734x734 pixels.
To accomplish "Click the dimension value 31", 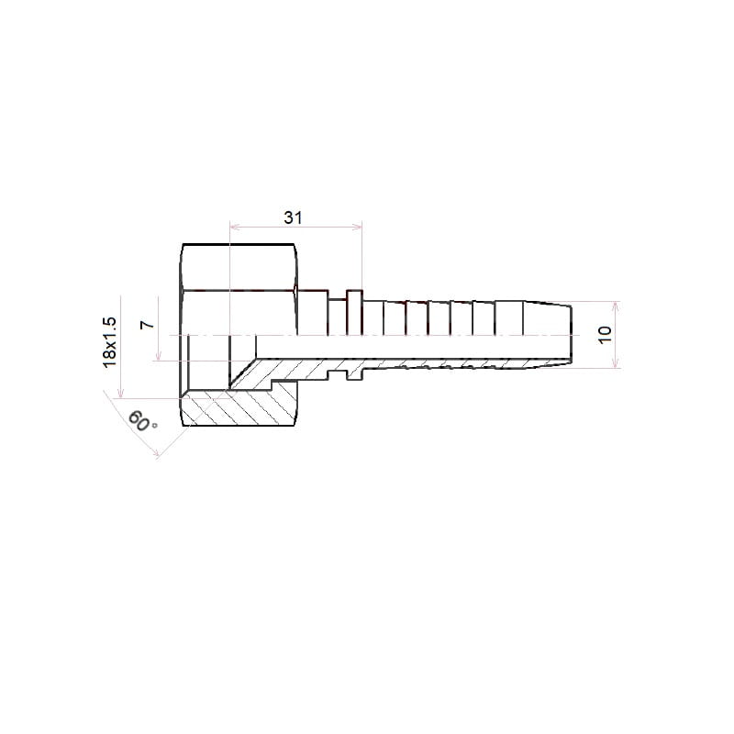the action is [293, 217].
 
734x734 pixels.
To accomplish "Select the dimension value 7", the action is [148, 325].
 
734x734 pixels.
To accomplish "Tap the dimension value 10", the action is [605, 335].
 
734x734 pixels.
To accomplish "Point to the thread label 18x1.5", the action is [109, 342].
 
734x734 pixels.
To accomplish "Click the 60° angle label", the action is [142, 421].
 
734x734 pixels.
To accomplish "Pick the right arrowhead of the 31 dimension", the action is [357, 227].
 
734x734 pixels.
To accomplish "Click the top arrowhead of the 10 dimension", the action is [616, 306].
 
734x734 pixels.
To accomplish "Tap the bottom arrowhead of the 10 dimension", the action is [616, 362].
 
